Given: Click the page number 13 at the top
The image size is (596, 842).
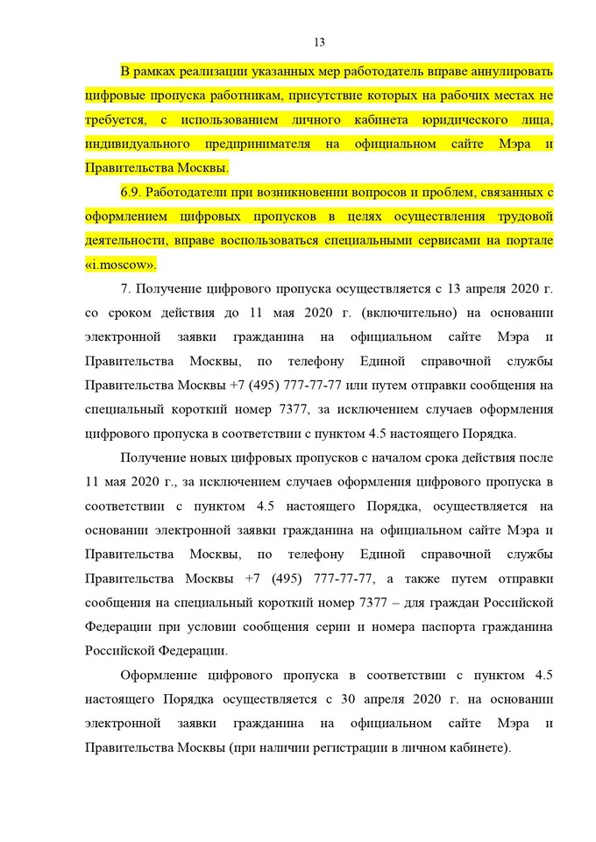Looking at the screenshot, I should (x=319, y=42).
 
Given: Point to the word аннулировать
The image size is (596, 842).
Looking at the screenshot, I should (x=508, y=70).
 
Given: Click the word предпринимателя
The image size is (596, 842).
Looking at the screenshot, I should (x=275, y=143).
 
